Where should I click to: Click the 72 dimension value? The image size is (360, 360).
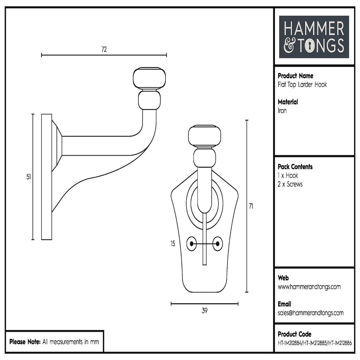point(104,49)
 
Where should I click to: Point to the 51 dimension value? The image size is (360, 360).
point(28,177)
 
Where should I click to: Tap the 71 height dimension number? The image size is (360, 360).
point(251,206)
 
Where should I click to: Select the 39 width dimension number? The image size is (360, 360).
point(204,310)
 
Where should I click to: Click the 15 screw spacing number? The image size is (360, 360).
point(172,244)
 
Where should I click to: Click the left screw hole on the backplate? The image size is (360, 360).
point(192,244)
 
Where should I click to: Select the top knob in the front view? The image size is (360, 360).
point(204,136)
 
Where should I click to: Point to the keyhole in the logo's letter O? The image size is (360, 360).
point(310,46)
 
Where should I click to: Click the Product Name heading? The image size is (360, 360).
point(295,76)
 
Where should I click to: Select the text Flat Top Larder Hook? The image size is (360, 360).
point(302,85)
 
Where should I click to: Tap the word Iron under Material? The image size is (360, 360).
point(282,111)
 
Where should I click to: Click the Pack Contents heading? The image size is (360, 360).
point(295,167)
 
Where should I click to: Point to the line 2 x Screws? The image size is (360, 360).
point(290,184)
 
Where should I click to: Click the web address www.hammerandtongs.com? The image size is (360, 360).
point(309,287)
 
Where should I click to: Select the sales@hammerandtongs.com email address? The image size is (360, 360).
point(310,313)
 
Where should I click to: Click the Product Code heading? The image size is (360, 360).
point(294,334)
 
